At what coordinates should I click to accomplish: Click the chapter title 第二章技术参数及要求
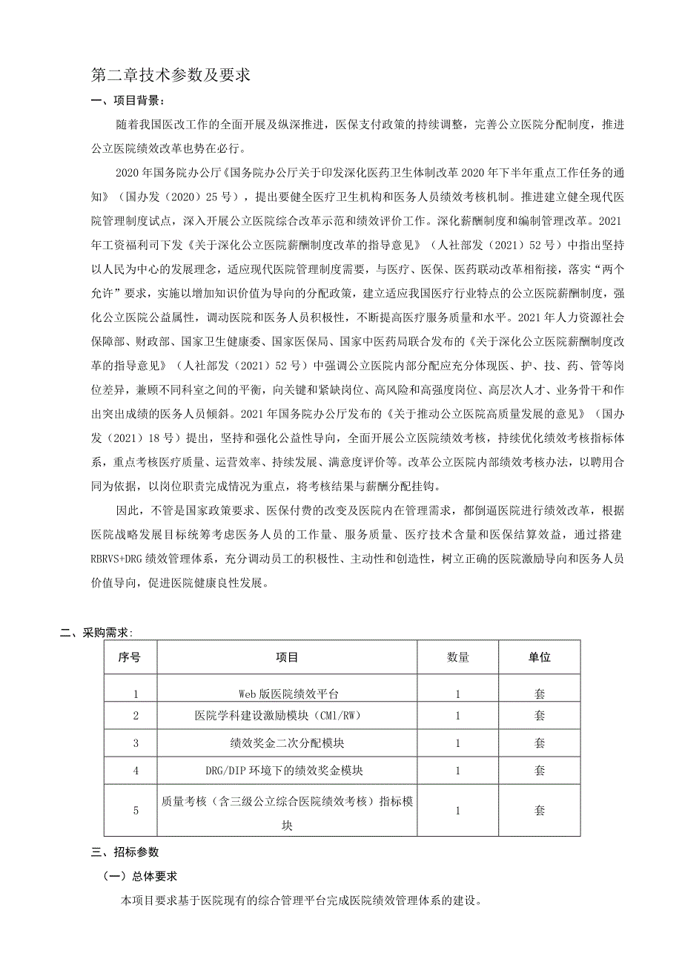click(x=170, y=75)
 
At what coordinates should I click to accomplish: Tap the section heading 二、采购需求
click(x=96, y=633)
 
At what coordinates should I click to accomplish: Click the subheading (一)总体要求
click(x=141, y=876)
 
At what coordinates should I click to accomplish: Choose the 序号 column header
click(x=130, y=657)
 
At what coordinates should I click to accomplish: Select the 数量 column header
click(x=457, y=657)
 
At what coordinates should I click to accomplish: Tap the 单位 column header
click(x=539, y=657)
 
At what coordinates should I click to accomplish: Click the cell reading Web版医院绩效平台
click(x=288, y=694)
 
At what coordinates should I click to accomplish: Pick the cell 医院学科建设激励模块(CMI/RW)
click(x=288, y=716)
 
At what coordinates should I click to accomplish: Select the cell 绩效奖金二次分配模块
click(x=288, y=742)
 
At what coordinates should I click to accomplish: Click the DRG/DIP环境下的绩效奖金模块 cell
click(x=288, y=770)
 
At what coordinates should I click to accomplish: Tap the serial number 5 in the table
click(x=136, y=811)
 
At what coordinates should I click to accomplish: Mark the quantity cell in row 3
click(x=457, y=742)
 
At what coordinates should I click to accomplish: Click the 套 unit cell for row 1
click(x=539, y=694)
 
